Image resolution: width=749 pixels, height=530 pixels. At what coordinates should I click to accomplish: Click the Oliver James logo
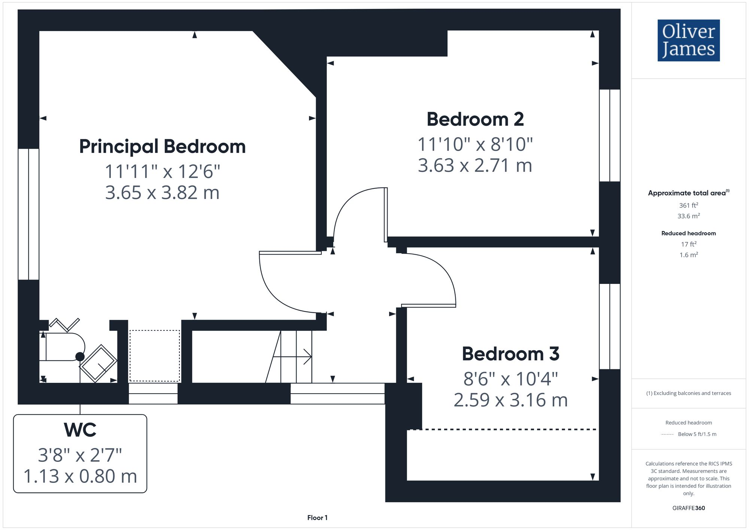688,40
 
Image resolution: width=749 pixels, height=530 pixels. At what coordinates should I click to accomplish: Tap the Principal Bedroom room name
162,146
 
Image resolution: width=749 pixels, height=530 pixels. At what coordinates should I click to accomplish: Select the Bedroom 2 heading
475,119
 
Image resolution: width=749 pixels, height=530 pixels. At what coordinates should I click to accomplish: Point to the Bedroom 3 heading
510,354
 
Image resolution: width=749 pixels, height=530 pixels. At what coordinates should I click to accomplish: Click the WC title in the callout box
80,430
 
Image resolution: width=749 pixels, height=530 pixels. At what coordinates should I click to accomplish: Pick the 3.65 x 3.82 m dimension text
162,193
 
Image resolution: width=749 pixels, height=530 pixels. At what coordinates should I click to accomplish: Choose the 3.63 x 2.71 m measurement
475,166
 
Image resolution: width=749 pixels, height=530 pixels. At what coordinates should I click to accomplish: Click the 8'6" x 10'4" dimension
510,379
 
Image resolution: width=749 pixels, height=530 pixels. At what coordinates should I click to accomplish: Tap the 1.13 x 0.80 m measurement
80,476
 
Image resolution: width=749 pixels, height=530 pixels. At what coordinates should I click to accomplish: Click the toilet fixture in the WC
62,347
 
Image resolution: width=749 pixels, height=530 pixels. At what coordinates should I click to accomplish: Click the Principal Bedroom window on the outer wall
28,214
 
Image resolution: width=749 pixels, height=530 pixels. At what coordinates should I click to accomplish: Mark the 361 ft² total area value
688,206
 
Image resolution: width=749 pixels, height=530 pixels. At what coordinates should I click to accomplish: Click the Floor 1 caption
317,518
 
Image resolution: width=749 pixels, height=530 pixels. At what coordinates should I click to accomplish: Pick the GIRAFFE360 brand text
688,508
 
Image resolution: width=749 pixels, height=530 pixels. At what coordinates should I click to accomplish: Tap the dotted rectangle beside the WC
155,356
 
